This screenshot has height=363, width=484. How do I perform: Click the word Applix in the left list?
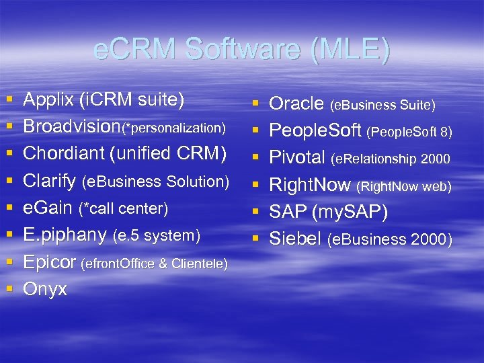coord(49,100)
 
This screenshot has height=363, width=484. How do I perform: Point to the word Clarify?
coord(50,182)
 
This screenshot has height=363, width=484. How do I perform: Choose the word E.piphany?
coord(65,235)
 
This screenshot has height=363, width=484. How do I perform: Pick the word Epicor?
coord(49,262)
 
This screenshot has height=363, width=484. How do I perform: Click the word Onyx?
coord(45,289)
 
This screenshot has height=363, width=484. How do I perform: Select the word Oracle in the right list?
coord(296,104)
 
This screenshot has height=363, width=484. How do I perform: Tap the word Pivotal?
coord(297,158)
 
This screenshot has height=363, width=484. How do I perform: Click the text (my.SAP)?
coord(350,212)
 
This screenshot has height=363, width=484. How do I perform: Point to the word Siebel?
coord(296,239)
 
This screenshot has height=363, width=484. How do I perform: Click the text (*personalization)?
coord(177,128)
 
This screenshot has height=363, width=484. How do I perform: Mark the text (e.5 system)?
coord(156,236)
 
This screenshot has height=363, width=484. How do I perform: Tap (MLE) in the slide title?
coord(350,50)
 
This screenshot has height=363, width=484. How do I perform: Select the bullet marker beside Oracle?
coord(255,104)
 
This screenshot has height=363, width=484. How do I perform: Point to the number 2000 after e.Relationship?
coord(436,159)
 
